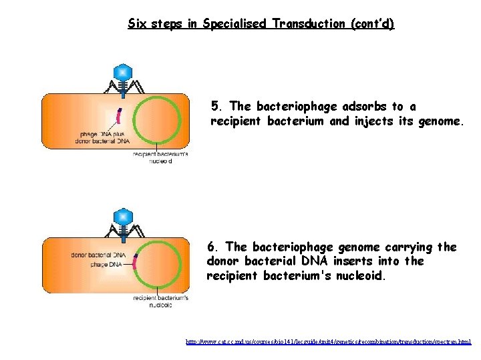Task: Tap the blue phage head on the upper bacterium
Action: (122, 72)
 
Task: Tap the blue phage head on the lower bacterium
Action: (122, 216)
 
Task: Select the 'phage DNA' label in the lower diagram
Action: (107, 265)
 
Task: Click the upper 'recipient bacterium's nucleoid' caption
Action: (160, 157)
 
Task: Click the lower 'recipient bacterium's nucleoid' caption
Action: (160, 301)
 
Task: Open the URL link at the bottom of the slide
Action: (328, 341)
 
